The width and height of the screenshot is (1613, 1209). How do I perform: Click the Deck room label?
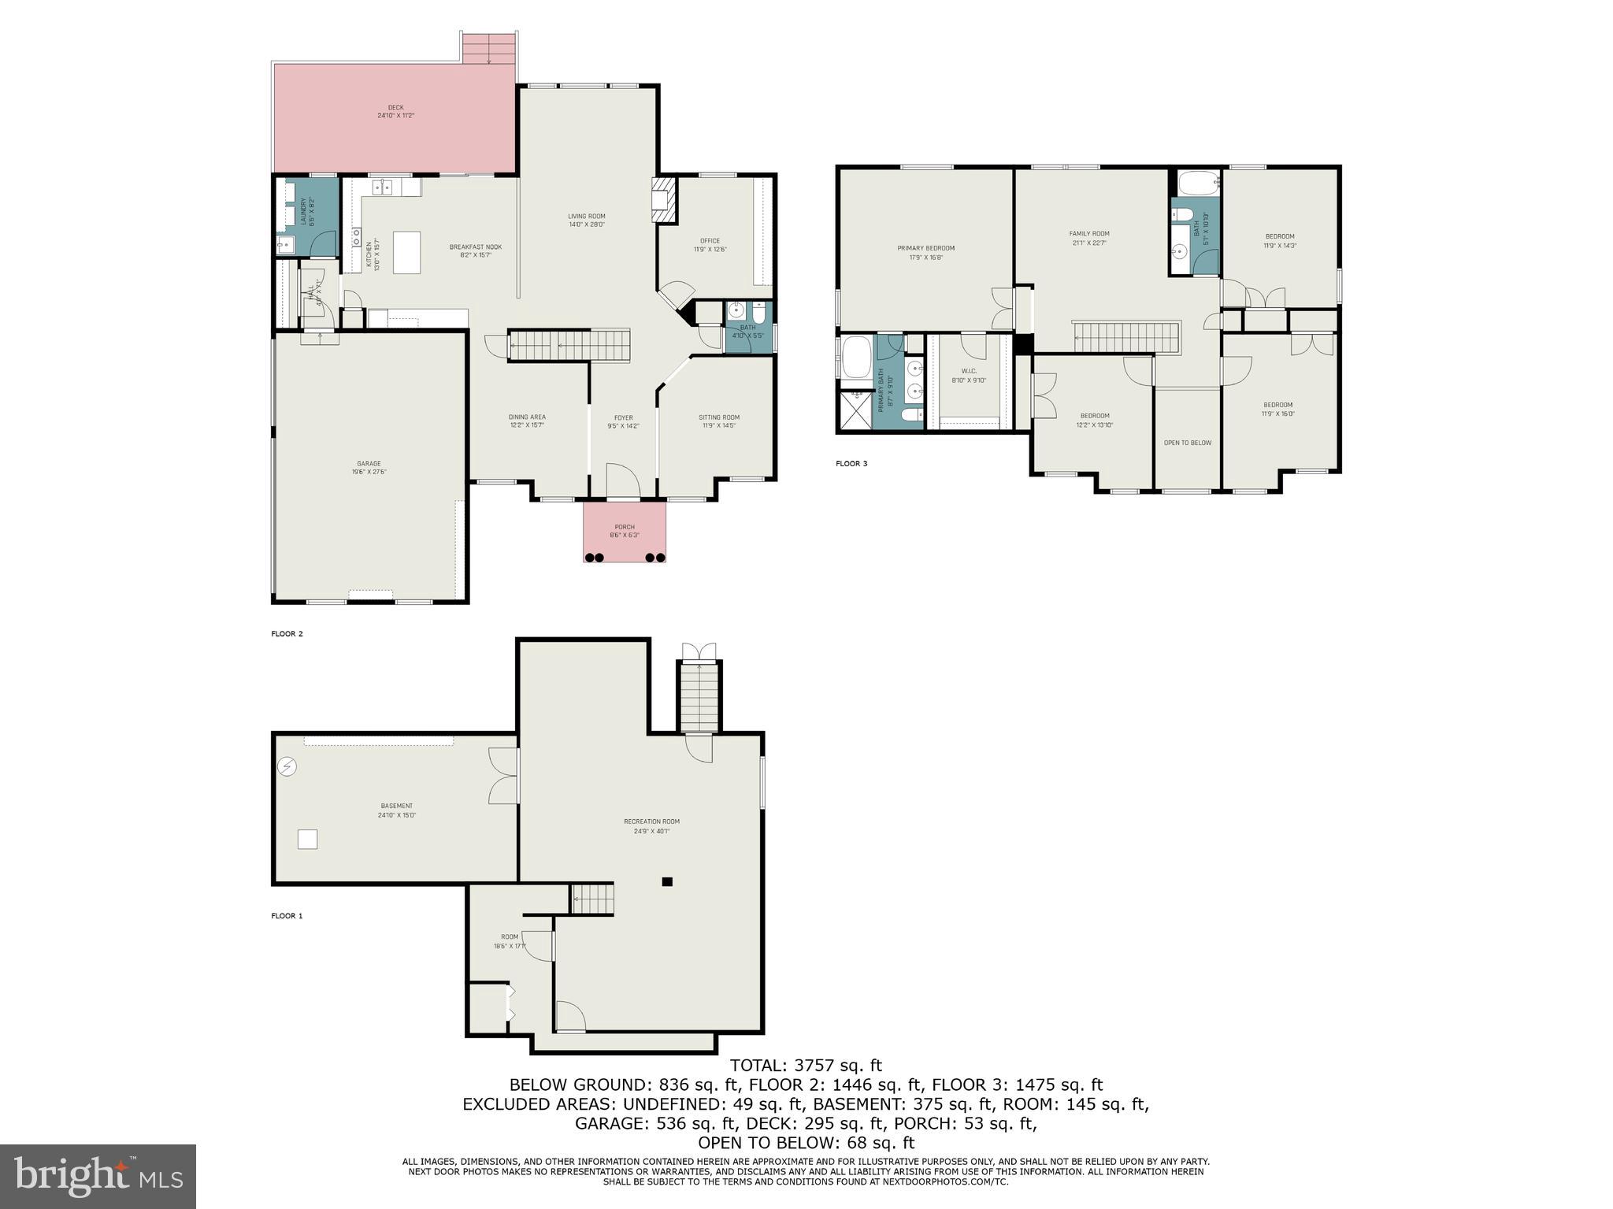tap(395, 112)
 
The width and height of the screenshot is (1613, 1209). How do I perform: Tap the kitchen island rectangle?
tap(407, 252)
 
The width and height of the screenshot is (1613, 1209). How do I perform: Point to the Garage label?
tap(369, 468)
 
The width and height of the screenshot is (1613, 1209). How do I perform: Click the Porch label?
tap(625, 531)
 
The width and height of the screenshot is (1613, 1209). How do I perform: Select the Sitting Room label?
tap(718, 421)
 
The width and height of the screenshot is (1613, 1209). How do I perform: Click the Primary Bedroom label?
tap(925, 252)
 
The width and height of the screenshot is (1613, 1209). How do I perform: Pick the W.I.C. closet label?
tap(968, 376)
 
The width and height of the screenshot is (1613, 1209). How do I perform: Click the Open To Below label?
tap(1187, 443)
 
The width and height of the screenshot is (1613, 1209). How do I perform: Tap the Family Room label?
tap(1088, 238)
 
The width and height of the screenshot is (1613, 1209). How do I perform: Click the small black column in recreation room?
tap(667, 881)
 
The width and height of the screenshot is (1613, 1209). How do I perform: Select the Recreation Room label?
tap(651, 825)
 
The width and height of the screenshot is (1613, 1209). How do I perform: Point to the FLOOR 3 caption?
tap(851, 463)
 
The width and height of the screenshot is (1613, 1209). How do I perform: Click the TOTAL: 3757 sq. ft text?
tap(806, 1066)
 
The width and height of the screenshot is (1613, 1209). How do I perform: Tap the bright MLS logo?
tap(98, 1176)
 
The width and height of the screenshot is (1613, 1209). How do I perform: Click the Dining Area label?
tap(527, 421)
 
